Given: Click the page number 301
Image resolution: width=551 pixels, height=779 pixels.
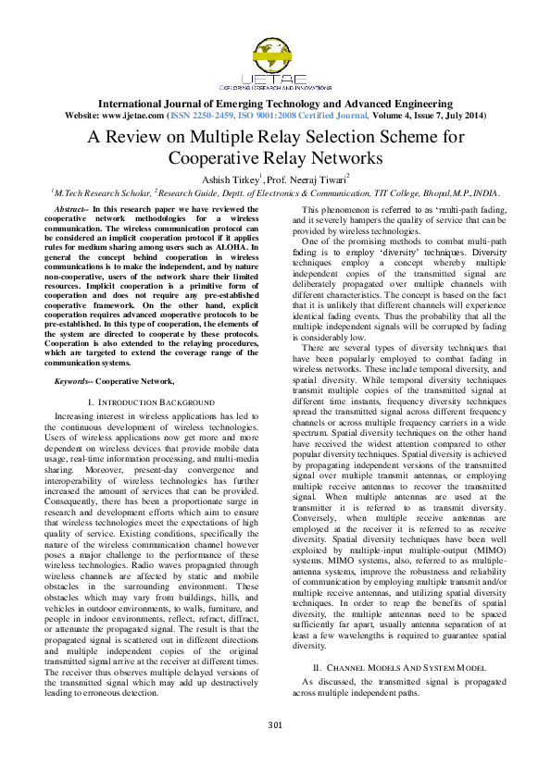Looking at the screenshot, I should [x=275, y=749].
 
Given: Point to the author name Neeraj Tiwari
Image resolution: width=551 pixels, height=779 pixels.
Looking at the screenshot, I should [x=318, y=179].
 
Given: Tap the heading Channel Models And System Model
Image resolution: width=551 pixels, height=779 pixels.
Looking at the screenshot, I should [x=398, y=666].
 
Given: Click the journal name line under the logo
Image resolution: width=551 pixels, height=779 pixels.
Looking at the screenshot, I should [x=275, y=104].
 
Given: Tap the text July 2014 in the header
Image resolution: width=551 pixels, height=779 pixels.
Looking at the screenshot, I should [x=462, y=116].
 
